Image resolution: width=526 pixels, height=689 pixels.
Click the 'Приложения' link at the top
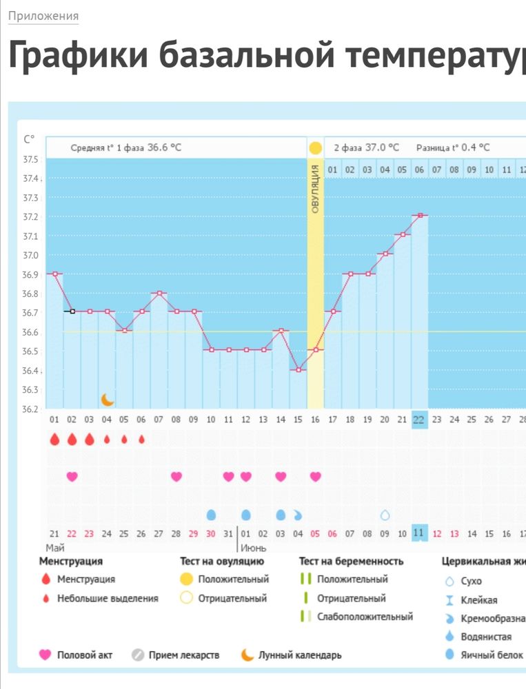click(x=43, y=16)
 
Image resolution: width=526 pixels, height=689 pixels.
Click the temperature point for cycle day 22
click(x=420, y=216)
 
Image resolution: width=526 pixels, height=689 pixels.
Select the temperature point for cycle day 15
click(x=298, y=370)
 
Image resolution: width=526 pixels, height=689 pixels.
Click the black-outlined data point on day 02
click(x=72, y=311)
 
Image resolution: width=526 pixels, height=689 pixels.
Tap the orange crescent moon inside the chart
click(x=108, y=399)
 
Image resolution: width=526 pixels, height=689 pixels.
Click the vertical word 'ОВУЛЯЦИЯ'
click(x=315, y=189)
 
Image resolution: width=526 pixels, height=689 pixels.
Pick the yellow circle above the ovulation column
click(x=315, y=148)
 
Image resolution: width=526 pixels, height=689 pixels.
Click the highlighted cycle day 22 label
click(x=419, y=420)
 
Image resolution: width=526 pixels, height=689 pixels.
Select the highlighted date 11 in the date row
click(x=419, y=533)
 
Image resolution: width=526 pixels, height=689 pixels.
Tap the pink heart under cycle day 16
click(x=315, y=476)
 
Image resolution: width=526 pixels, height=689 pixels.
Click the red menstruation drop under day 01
click(x=54, y=440)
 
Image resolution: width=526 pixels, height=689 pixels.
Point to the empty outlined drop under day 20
click(x=385, y=515)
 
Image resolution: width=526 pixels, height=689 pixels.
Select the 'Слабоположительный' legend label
click(x=365, y=617)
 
